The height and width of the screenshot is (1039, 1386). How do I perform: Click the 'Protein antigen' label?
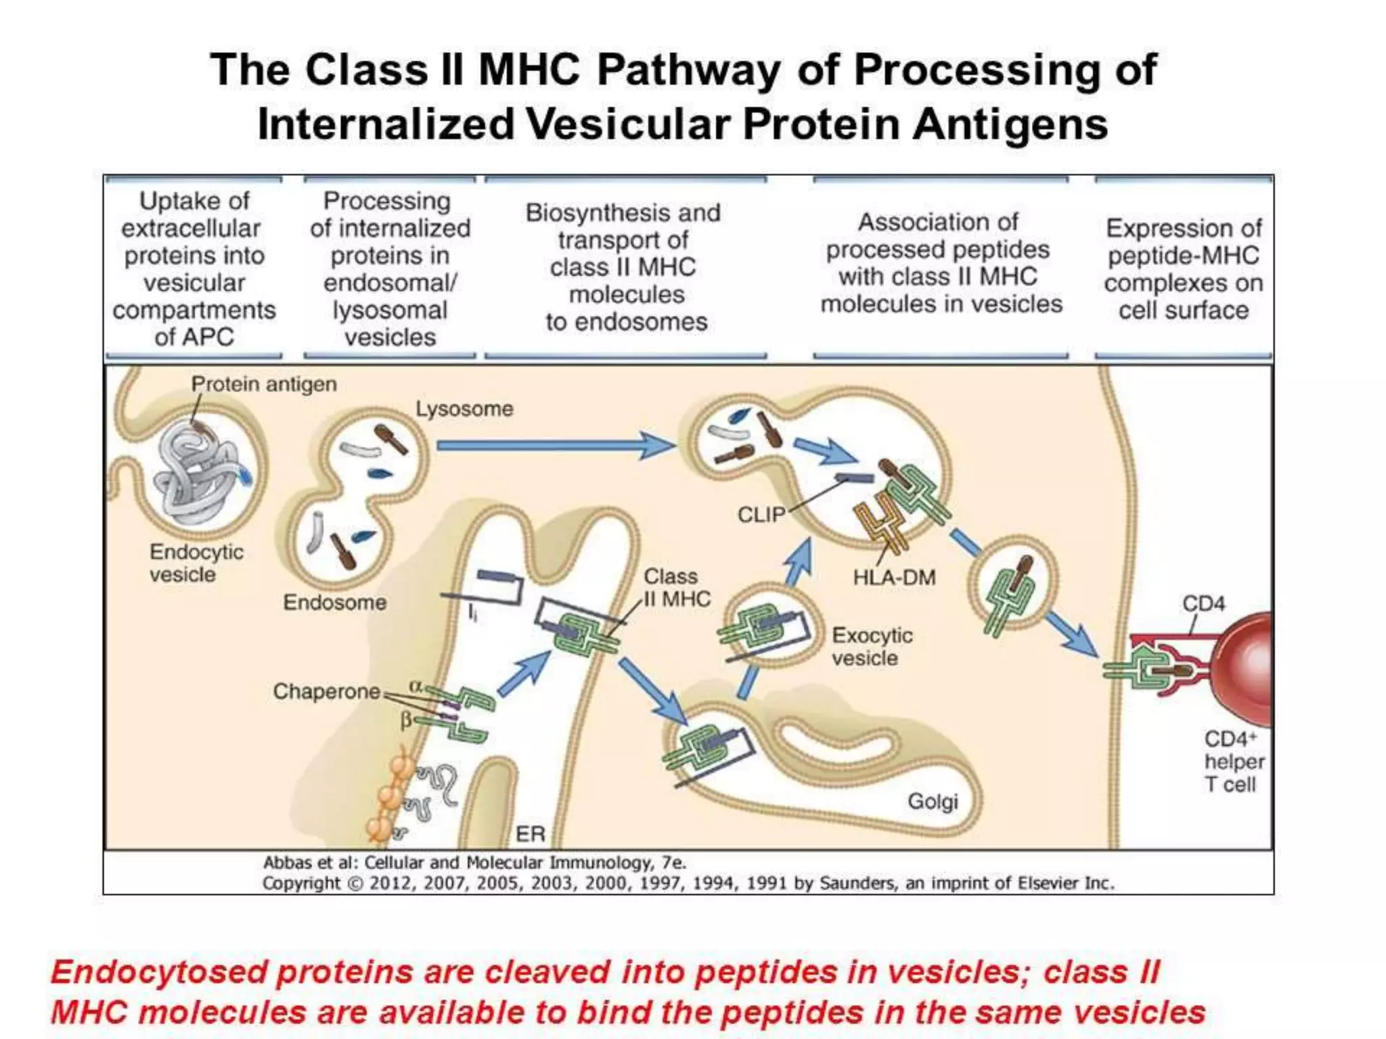tap(263, 384)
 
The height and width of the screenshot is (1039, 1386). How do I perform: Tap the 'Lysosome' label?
tap(464, 409)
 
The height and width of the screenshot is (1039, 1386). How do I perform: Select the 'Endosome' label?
tap(334, 602)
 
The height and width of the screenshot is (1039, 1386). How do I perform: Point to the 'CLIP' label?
tap(761, 515)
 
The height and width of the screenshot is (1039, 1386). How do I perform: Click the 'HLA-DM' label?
tap(894, 578)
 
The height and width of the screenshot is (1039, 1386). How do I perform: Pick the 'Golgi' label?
tap(933, 801)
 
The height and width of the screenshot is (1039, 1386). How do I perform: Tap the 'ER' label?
tap(530, 833)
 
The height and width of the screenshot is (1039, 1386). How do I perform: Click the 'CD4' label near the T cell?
tap(1203, 603)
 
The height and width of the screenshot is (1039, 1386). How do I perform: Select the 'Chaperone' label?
tap(326, 691)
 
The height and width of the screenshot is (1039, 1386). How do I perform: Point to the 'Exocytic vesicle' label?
tap(872, 647)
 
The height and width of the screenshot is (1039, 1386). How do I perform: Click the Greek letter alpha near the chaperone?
tap(415, 686)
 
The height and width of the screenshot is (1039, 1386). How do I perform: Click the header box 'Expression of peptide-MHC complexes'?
tap(1183, 269)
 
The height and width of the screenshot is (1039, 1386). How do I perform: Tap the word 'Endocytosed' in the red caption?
tap(159, 972)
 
